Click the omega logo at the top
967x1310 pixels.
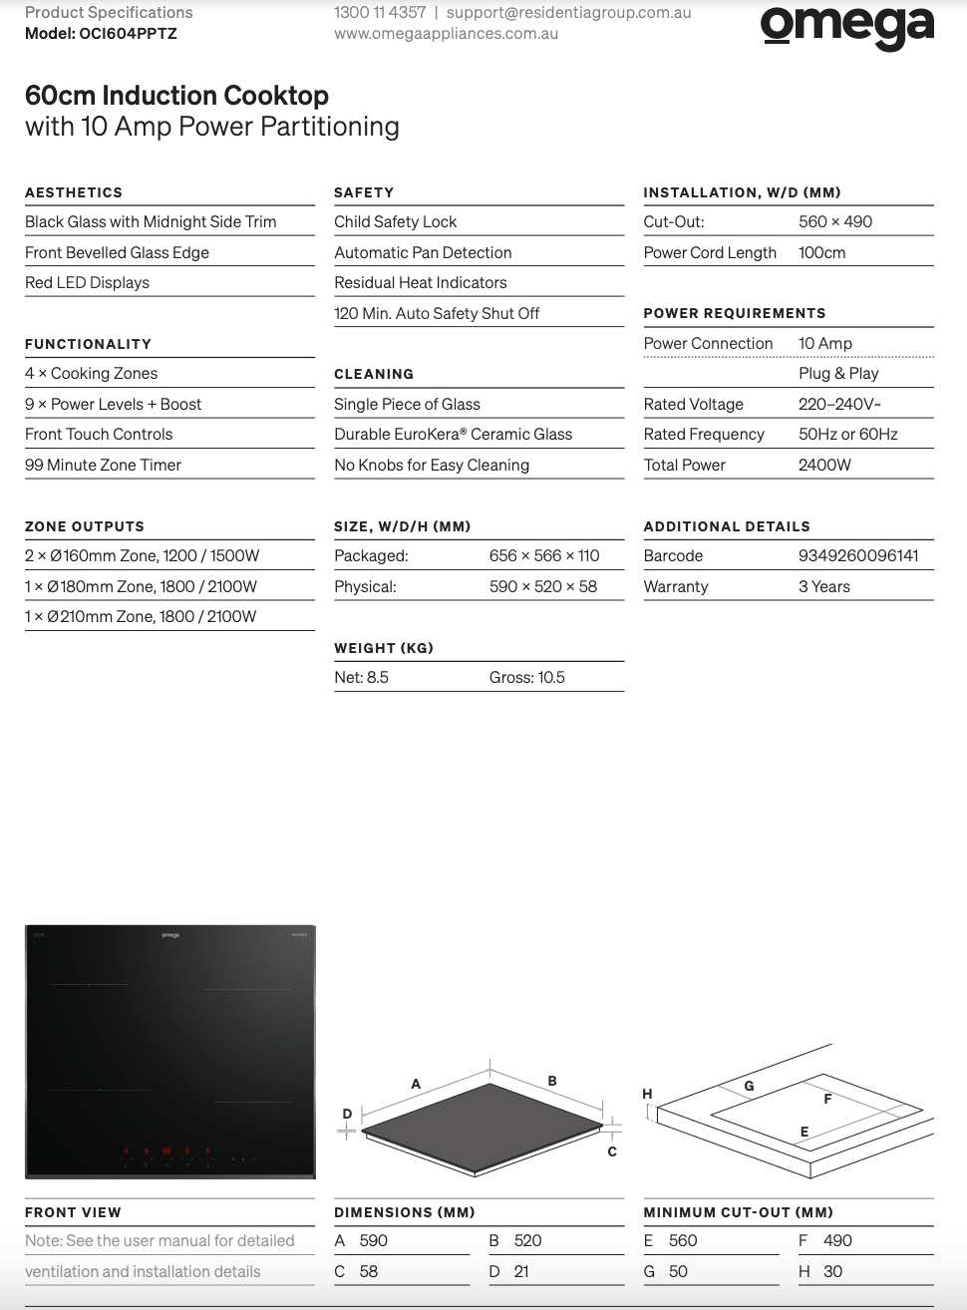[x=847, y=27]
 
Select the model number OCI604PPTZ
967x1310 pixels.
[x=128, y=34]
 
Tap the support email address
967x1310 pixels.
[x=568, y=13]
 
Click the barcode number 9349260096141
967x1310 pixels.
[x=858, y=556]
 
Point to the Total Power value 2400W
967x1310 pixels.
[x=824, y=466]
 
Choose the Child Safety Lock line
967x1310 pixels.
[x=396, y=222]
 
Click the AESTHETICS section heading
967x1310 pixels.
[x=74, y=192]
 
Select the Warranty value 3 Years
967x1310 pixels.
[x=823, y=587]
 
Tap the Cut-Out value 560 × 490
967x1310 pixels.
[x=834, y=222]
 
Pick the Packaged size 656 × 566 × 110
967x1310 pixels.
[x=544, y=556]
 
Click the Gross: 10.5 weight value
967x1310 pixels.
[x=526, y=678]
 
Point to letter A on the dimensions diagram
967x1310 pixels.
[x=416, y=1084]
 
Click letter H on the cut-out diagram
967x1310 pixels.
[x=647, y=1094]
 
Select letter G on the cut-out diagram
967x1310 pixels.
[x=749, y=1086]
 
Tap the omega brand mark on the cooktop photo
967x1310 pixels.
[x=170, y=935]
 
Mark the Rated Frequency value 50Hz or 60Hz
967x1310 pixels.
[x=847, y=435]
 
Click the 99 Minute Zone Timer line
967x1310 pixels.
[x=104, y=466]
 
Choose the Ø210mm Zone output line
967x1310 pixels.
[x=141, y=617]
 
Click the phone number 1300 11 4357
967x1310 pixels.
[x=380, y=13]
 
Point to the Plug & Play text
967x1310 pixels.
[x=838, y=374]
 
